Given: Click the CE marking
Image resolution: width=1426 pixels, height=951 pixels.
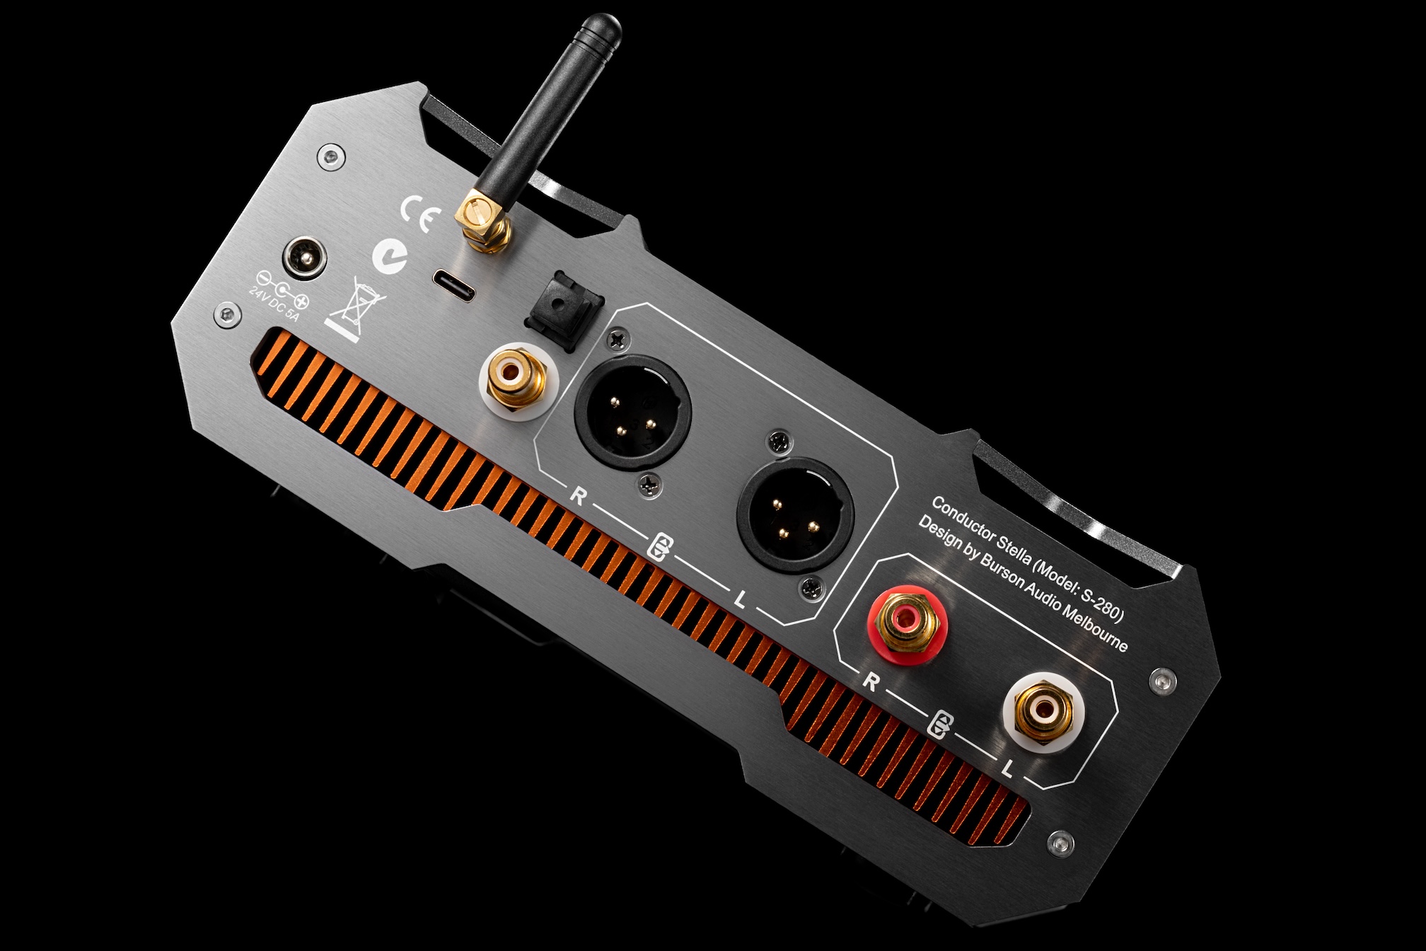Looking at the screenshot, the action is point(421,212).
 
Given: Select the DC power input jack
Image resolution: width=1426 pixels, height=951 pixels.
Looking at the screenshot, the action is point(306,257).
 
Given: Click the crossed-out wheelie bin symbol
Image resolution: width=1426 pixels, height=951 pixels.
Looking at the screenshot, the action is point(353,310).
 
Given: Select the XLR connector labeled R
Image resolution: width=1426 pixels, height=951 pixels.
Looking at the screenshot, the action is point(632,413).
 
